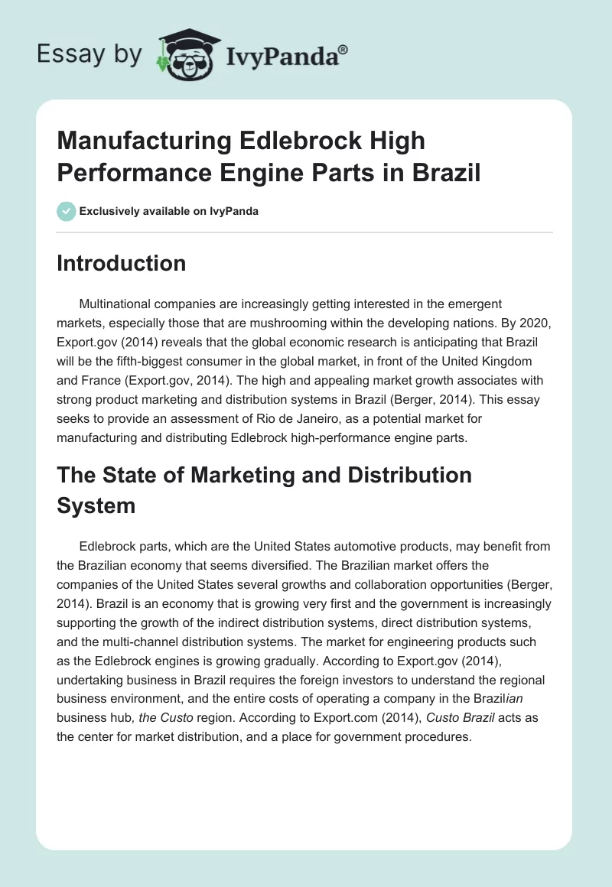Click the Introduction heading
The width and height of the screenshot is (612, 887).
[x=121, y=263]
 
